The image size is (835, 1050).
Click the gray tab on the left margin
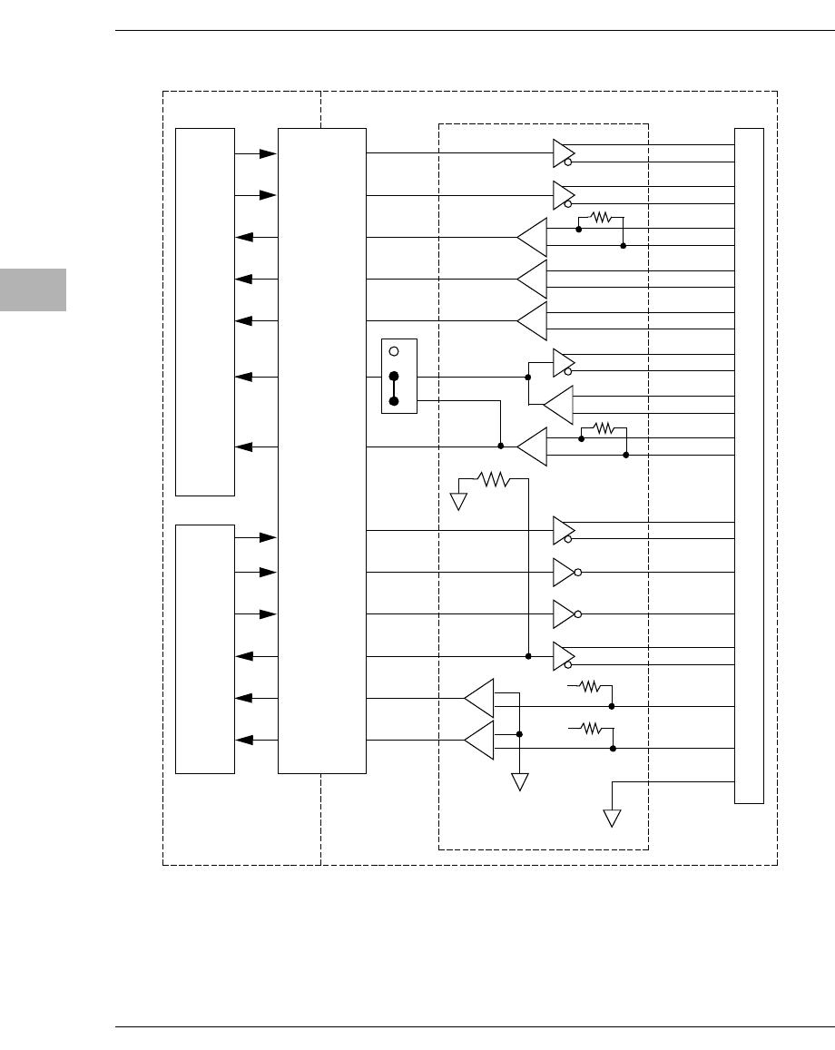pos(33,289)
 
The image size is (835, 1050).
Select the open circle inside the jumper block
pos(394,351)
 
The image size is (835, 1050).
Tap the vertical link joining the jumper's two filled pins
pos(394,388)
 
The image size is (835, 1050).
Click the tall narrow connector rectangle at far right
pos(749,466)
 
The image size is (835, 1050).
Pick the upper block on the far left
pos(205,312)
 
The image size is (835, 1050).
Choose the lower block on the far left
pos(205,648)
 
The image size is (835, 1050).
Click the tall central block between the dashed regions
pos(322,450)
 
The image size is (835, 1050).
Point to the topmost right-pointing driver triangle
pos(562,153)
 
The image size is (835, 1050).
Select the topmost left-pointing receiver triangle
pos(535,238)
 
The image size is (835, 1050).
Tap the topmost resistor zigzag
pos(602,218)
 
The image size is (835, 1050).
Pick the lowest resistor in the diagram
pos(592,728)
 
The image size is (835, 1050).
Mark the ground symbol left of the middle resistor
pos(458,501)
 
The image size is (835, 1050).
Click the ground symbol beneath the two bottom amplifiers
pos(520,781)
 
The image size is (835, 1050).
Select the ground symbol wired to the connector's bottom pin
pos(613,818)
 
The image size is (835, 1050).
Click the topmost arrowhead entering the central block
pos(268,154)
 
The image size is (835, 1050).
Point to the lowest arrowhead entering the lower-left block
pos(243,741)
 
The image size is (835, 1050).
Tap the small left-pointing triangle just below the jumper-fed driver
pos(560,405)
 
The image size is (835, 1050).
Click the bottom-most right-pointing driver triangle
pos(562,656)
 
